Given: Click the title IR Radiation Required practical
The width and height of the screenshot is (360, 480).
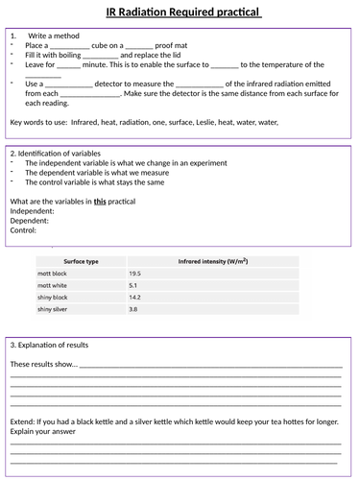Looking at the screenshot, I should (180, 12).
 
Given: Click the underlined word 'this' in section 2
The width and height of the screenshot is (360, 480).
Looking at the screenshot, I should (100, 201).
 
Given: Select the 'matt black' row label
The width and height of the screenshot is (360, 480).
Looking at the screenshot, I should (54, 274).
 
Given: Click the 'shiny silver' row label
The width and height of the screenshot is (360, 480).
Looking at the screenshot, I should (55, 309).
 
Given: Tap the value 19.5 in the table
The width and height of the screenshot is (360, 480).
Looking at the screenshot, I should (136, 274).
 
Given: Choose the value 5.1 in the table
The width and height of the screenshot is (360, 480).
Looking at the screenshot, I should (134, 285).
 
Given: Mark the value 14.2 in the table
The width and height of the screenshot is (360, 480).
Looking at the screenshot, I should (136, 298).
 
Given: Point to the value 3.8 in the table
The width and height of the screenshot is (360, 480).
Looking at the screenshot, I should (134, 309).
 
